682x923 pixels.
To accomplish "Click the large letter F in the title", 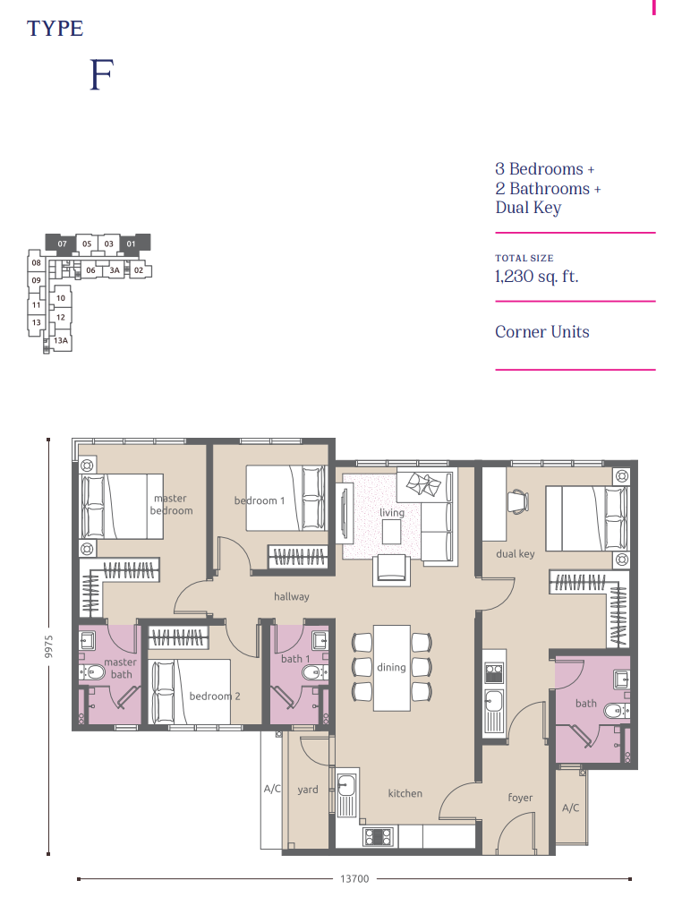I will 101,77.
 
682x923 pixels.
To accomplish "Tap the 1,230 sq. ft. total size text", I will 537,276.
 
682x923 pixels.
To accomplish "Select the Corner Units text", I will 542,332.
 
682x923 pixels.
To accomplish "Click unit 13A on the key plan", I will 61,341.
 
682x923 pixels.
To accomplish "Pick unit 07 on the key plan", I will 62,244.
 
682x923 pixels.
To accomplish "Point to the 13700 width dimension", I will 354,879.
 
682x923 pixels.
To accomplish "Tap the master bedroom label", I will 171,504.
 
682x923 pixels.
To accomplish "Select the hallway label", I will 292,596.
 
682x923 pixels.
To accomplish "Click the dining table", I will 391,667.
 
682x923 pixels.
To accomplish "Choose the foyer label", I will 520,798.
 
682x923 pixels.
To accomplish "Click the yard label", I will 308,790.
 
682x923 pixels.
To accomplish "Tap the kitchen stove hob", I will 378,837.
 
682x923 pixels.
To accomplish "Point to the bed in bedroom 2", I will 190,692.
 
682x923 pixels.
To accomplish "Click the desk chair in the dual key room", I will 519,503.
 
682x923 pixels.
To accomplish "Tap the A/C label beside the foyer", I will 570,808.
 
